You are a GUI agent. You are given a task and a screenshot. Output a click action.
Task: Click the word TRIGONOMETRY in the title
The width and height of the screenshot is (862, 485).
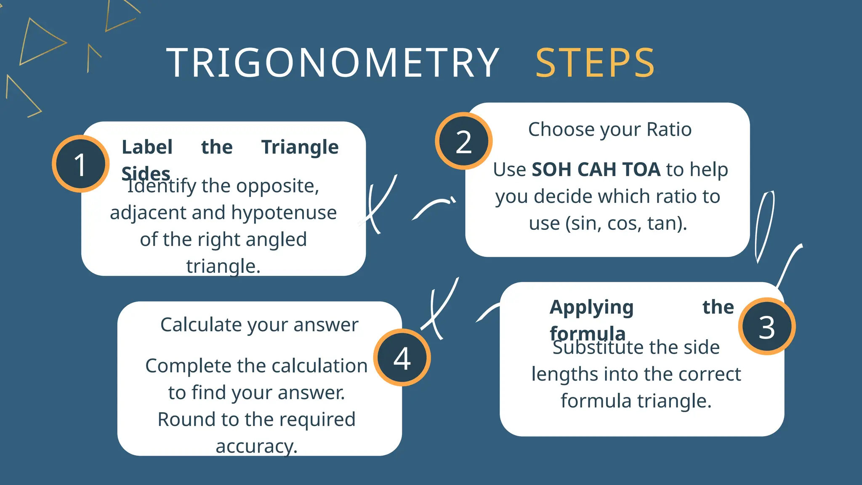coord(333,63)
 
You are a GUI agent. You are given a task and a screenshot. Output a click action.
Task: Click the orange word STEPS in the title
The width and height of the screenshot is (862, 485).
coord(595,63)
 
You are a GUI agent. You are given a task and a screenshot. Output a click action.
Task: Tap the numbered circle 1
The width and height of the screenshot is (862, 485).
coord(80,164)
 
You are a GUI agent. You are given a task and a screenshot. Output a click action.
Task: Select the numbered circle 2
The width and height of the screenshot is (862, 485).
coord(464,141)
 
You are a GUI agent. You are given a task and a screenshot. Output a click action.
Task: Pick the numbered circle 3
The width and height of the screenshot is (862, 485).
coord(767,327)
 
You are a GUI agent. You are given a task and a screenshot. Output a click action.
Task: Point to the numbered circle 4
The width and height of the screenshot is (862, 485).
coord(402,358)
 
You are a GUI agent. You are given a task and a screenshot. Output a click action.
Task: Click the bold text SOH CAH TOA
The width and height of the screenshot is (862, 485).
coord(596,170)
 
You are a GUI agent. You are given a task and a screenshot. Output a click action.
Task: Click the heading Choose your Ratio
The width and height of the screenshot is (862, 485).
coord(609,129)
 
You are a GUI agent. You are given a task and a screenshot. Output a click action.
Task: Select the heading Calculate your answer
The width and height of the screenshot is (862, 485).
coord(259,325)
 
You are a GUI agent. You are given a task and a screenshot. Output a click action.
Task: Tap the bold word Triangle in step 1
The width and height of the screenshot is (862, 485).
coord(300,147)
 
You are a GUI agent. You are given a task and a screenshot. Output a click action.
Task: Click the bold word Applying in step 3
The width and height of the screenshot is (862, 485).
coord(591,307)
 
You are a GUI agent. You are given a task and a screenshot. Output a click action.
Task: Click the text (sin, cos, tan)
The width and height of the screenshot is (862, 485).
coord(626,224)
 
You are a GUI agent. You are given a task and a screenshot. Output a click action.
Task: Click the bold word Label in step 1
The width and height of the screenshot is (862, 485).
coord(147,147)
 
